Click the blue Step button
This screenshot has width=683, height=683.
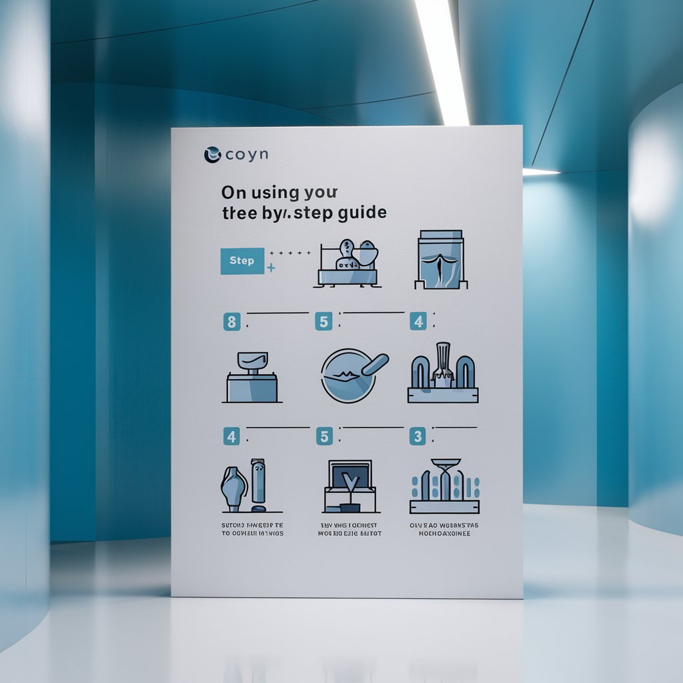(x=242, y=261)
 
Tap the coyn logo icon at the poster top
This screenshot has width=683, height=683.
(x=212, y=154)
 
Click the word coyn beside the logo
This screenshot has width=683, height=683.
(x=246, y=154)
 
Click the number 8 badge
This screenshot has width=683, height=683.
(x=231, y=323)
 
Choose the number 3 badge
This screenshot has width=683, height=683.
(x=418, y=437)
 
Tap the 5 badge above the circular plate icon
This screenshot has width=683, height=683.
(x=323, y=322)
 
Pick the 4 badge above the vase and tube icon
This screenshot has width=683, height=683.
(x=231, y=438)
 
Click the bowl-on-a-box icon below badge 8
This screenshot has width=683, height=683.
(x=251, y=378)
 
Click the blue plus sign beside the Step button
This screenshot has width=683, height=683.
(x=271, y=268)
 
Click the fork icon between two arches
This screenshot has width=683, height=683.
(x=442, y=364)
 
